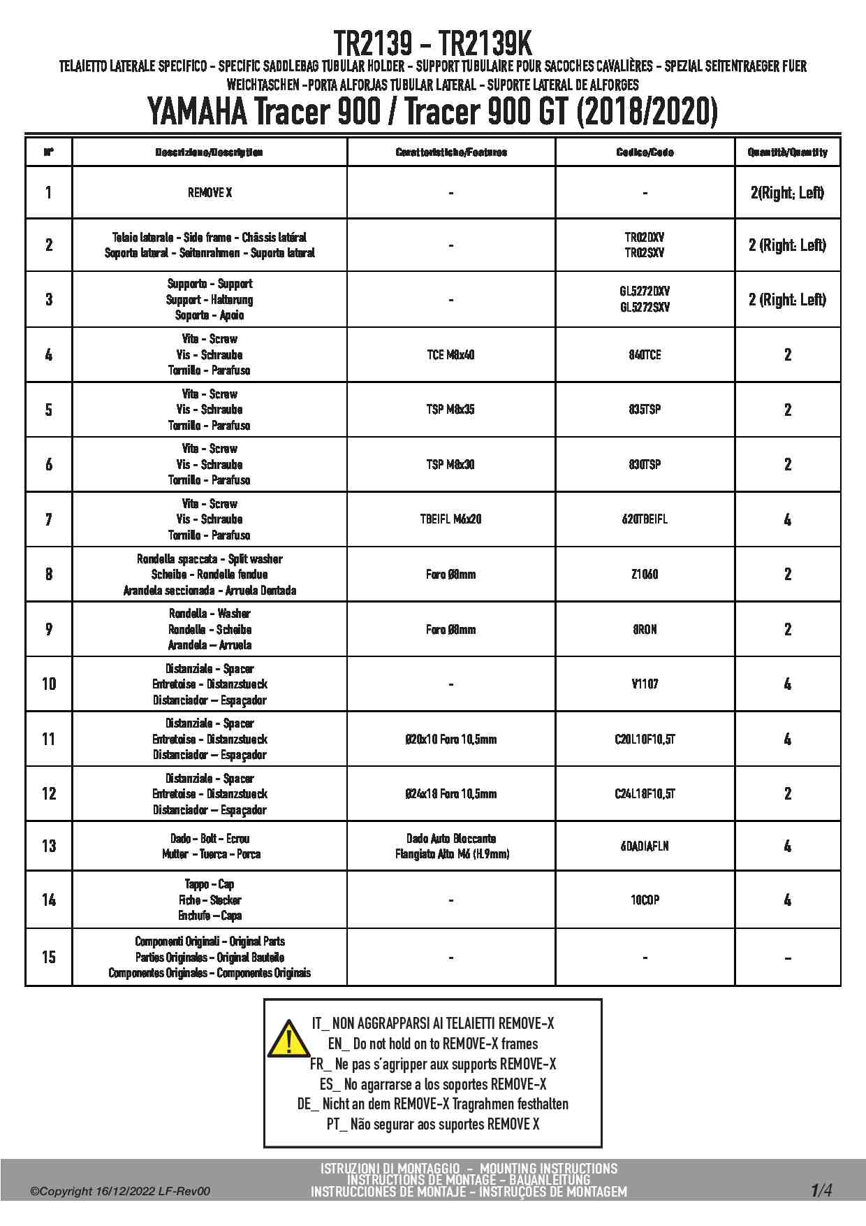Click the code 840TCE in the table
[x=645, y=355]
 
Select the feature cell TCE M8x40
[x=450, y=355]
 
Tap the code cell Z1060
[x=645, y=575]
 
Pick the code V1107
[x=645, y=684]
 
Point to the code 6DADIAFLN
[x=645, y=846]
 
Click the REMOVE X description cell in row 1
[x=210, y=193]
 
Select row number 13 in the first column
[x=49, y=846]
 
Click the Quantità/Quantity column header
[x=787, y=152]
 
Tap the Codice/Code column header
[x=645, y=152]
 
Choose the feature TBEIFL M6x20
[x=450, y=519]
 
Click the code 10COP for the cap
[x=645, y=900]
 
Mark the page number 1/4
[x=821, y=1190]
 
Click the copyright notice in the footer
[x=119, y=1192]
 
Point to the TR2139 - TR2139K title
[x=432, y=44]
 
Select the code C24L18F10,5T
[x=645, y=794]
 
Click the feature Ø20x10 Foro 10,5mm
[x=450, y=740]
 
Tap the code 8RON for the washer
[x=645, y=630]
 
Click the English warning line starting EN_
[x=433, y=1044]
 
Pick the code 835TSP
[x=645, y=410]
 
